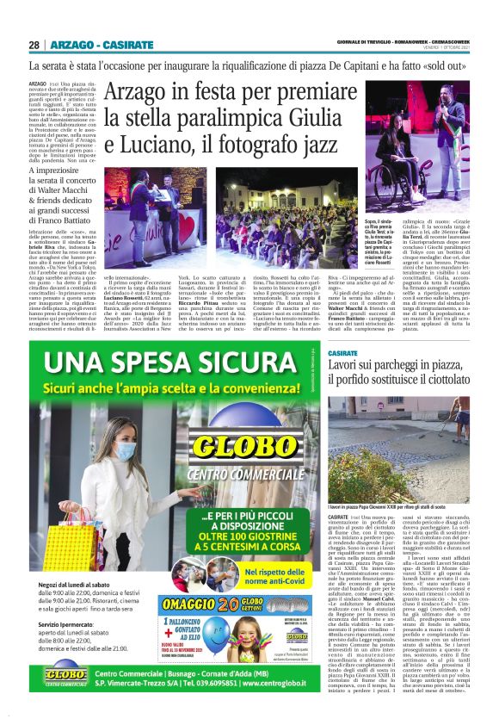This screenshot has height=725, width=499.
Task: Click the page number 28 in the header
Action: [x=35, y=45]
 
